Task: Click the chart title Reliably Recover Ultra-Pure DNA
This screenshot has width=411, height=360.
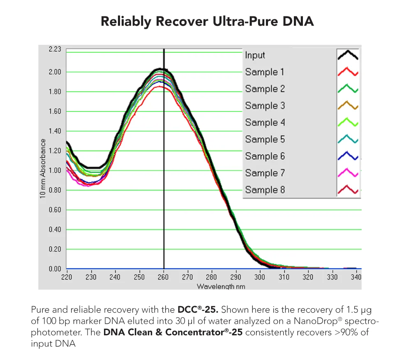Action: (x=207, y=22)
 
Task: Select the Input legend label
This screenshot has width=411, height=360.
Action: (x=255, y=55)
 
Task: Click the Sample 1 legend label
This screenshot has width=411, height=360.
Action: (x=265, y=72)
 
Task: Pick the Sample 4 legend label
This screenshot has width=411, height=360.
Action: (x=265, y=123)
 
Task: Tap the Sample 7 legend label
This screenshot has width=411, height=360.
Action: (x=265, y=173)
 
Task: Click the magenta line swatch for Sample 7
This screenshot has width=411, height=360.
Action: (x=348, y=172)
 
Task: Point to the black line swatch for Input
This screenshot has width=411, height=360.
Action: (x=348, y=55)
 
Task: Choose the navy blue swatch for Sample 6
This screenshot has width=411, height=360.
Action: (x=348, y=156)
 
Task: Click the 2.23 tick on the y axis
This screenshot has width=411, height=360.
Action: (x=55, y=49)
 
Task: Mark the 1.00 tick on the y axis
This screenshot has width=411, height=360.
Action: (x=55, y=171)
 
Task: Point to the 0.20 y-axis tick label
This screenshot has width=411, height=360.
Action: (x=55, y=249)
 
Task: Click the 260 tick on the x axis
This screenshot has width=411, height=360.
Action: (x=164, y=277)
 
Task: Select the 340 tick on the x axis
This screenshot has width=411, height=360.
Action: (x=356, y=277)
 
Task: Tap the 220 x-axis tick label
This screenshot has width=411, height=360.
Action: (x=67, y=277)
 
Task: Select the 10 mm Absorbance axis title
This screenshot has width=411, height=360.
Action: (x=43, y=169)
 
